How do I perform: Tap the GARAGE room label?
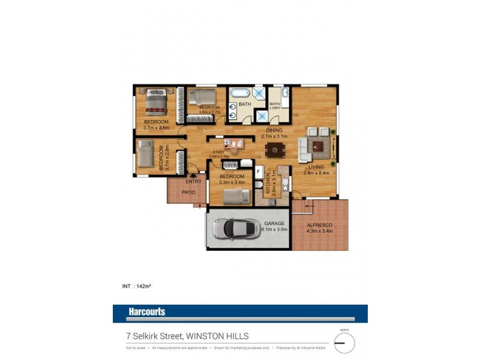coord(275,224)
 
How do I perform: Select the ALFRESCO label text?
coord(319,225)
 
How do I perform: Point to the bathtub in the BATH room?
coord(241,94)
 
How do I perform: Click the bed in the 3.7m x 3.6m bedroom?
coord(157,101)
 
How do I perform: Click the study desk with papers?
coord(235,144)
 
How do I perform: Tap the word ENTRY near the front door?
coord(193,181)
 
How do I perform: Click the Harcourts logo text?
coord(146,311)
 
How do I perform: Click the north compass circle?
coord(344,343)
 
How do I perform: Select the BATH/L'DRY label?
coord(275,106)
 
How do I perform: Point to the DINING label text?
coord(275,130)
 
